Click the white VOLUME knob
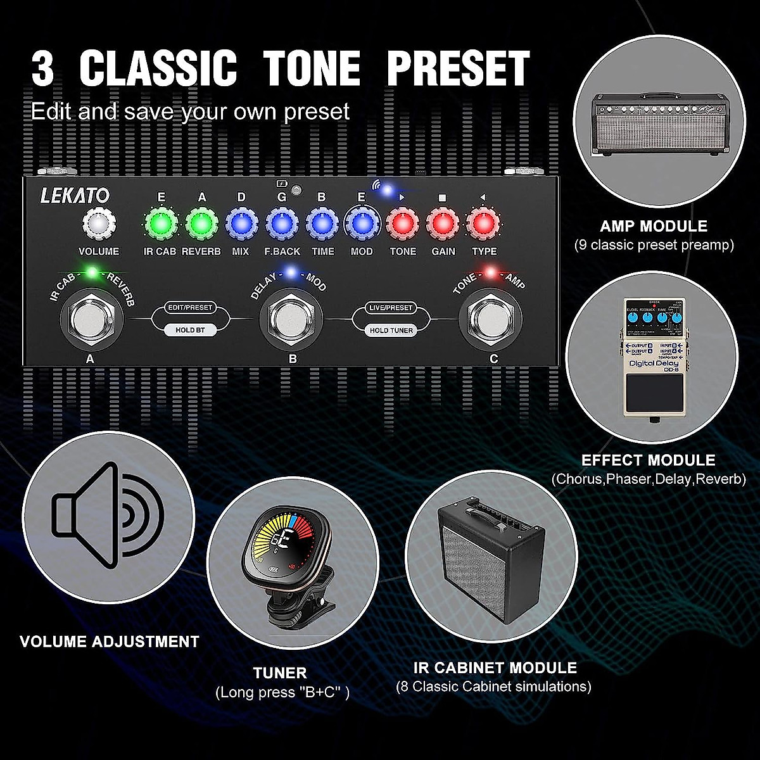point(99,224)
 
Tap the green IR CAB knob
point(160,224)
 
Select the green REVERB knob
point(201,224)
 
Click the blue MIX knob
point(241,224)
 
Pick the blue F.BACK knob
point(282,224)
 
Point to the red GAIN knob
point(443,224)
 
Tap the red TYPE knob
point(483,224)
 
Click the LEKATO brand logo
point(75,196)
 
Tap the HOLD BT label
point(189,330)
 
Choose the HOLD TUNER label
point(391,330)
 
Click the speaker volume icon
point(108,514)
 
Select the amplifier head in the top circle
point(659,124)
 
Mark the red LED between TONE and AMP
point(490,274)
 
